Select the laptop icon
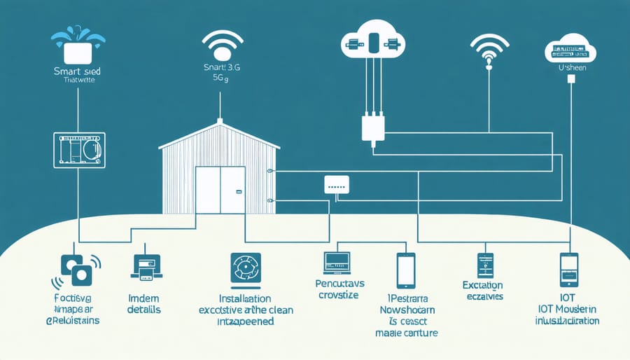(x=337, y=263)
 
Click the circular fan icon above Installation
(x=245, y=270)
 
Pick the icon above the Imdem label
(x=146, y=268)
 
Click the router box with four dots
(x=337, y=184)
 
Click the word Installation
(x=246, y=298)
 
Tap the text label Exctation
(x=482, y=285)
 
